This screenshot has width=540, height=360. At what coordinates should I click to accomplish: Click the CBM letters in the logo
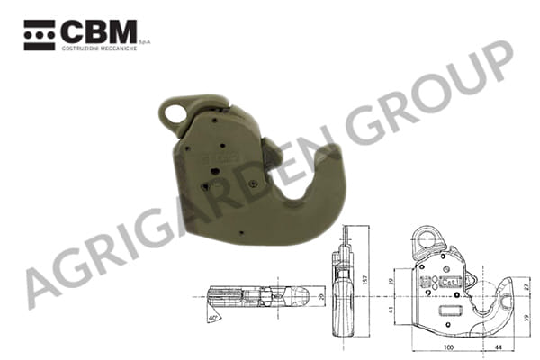tap(99, 32)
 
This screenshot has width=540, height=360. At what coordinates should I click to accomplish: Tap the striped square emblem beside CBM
tap(40, 33)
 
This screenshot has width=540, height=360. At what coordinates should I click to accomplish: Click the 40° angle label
tap(211, 317)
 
